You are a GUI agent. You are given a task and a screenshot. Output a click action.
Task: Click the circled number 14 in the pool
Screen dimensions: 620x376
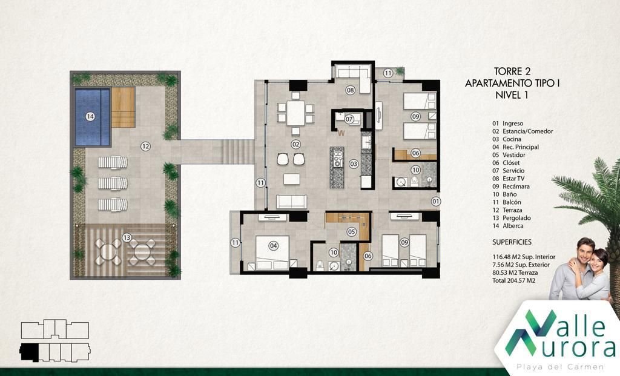[90, 117]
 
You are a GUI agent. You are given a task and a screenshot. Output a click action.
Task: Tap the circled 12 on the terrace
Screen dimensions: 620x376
[145, 147]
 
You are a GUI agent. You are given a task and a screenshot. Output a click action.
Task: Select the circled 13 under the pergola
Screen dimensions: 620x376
[127, 237]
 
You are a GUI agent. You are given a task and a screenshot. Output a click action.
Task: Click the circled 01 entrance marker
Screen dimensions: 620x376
[435, 202]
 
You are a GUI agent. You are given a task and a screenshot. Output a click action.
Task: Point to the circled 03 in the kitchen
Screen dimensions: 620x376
[354, 163]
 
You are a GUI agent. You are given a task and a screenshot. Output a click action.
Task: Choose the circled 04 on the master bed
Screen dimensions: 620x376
[273, 246]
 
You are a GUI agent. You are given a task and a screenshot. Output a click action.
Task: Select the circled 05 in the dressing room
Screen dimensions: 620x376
[352, 232]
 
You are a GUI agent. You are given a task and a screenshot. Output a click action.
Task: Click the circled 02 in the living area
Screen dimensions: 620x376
[295, 144]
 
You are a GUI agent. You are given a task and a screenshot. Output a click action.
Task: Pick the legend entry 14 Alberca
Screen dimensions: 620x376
[508, 226]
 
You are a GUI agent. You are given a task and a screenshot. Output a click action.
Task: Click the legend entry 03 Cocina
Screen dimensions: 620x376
[507, 139]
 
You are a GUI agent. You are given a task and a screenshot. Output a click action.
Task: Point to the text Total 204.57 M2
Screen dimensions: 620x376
[513, 280]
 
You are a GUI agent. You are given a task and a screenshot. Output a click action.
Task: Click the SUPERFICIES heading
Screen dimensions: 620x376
[512, 242]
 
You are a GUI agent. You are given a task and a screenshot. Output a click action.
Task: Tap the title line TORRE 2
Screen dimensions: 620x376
[512, 71]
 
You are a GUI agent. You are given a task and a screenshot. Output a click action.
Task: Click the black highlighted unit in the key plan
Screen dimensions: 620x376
[29, 352]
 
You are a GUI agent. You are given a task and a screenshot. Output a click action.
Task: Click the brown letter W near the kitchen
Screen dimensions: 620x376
[341, 133]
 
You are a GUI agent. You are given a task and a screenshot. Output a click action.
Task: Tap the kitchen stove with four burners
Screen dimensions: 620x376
[338, 159]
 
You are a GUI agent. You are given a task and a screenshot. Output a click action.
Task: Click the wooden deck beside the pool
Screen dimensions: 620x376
[124, 107]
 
